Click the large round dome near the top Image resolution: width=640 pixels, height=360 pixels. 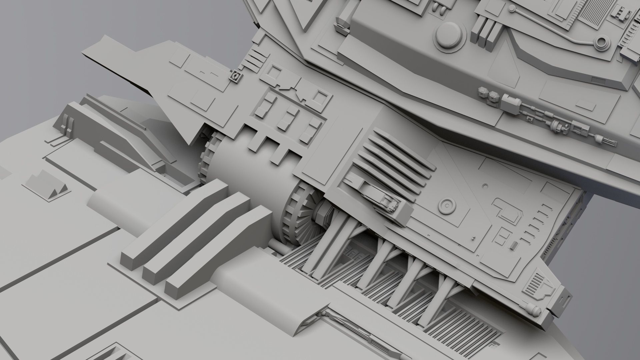point(449,36)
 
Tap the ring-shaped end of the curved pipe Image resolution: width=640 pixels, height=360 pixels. point(602,42)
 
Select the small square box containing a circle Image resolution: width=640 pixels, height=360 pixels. point(236,76)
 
